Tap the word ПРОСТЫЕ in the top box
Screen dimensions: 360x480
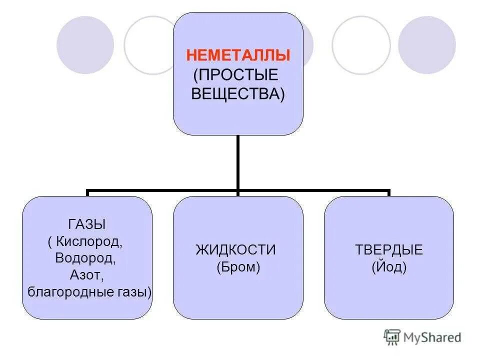237,75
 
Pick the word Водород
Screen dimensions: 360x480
87,258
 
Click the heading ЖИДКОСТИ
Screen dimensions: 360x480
235,250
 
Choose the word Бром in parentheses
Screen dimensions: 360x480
238,267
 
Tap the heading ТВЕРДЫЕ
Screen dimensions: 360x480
389,250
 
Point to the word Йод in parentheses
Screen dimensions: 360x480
389,267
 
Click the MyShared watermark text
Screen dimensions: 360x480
433,337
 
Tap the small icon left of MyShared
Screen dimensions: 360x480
392,337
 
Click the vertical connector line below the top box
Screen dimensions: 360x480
238,162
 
